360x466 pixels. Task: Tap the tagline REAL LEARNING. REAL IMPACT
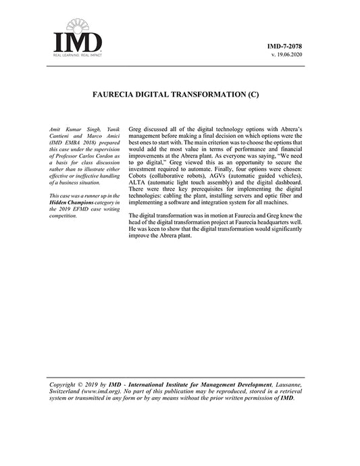(78, 55)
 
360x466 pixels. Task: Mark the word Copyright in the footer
(66, 386)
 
